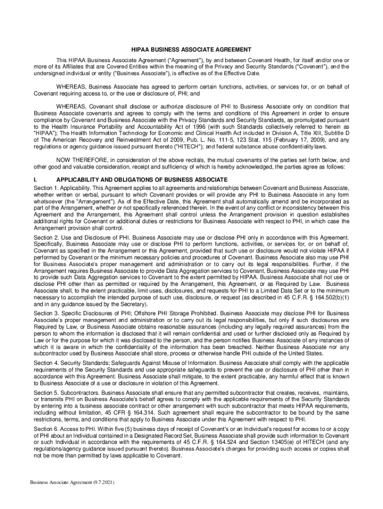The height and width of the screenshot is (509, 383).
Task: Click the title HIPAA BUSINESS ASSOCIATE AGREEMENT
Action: [x=191, y=50]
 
